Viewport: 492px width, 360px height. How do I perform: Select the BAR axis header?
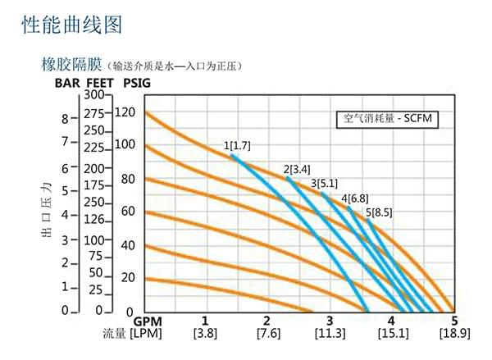[x=68, y=83]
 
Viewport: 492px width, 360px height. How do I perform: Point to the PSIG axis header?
[x=136, y=83]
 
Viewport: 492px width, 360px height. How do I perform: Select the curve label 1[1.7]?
[x=237, y=145]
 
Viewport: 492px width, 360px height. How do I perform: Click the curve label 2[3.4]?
[x=297, y=170]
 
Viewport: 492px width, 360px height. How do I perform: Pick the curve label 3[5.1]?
[x=324, y=183]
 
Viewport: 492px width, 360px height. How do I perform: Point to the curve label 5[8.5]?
[x=379, y=212]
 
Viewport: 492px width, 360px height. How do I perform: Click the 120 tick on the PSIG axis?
[x=124, y=112]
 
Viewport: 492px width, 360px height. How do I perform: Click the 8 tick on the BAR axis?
[x=66, y=118]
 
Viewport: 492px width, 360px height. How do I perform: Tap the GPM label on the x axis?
[x=148, y=320]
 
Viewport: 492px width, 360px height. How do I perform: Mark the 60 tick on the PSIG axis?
[x=126, y=211]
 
